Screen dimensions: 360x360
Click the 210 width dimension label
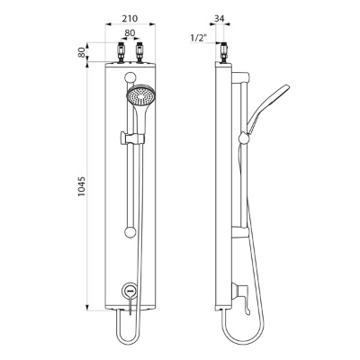point(130,19)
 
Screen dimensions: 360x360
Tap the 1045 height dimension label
point(82,186)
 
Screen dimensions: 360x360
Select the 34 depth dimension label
point(220,19)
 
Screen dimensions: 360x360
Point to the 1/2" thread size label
point(199,38)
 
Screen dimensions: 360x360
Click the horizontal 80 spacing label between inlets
point(130,33)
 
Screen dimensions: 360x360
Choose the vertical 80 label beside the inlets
point(82,52)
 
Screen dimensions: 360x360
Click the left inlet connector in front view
point(121,53)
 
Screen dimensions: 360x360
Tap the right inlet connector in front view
point(139,53)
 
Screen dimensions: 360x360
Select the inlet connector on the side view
point(223,53)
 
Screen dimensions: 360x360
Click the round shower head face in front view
point(140,95)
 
